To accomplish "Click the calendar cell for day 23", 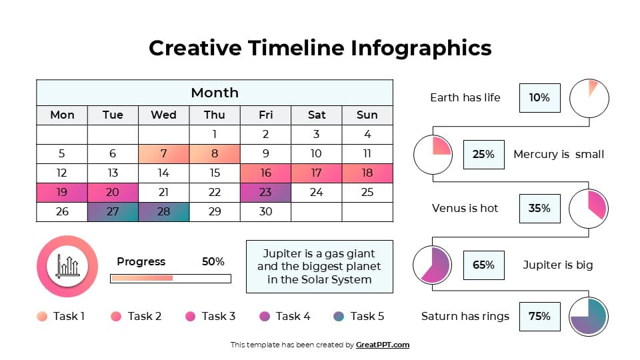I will pyautogui.click(x=265, y=193).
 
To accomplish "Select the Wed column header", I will pyautogui.click(x=163, y=115).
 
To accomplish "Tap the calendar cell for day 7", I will pyautogui.click(x=163, y=154).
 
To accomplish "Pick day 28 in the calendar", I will pyautogui.click(x=163, y=212).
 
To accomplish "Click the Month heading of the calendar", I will pyautogui.click(x=214, y=93).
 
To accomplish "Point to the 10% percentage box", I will pyautogui.click(x=539, y=98).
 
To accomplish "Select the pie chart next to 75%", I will pyautogui.click(x=589, y=317).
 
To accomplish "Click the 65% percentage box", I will pyautogui.click(x=483, y=265).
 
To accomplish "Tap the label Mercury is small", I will pyautogui.click(x=558, y=155).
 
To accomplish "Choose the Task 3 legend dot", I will pyautogui.click(x=190, y=316).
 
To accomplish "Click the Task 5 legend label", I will pyautogui.click(x=367, y=316).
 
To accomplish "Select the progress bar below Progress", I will pyautogui.click(x=170, y=278).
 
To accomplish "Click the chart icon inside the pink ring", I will pyautogui.click(x=67, y=266).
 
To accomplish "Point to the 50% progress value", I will pyautogui.click(x=213, y=261).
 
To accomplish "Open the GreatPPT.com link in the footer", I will pyautogui.click(x=382, y=345).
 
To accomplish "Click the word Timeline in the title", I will pyautogui.click(x=296, y=48).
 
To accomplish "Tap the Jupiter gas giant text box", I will pyautogui.click(x=319, y=267).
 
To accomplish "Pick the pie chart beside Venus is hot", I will pyautogui.click(x=589, y=209).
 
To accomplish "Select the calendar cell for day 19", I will pyautogui.click(x=61, y=193).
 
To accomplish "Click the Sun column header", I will pyautogui.click(x=367, y=115).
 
